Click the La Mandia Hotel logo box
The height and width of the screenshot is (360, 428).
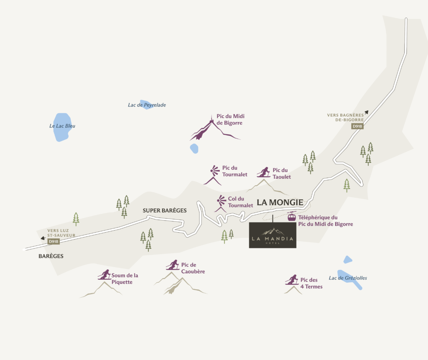tap(273, 235)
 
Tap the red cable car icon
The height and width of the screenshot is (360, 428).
tap(291, 217)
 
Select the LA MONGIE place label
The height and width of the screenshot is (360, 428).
tap(280, 202)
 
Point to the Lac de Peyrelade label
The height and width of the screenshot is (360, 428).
tap(147, 105)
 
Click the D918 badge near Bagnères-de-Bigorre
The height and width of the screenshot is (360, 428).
tap(357, 126)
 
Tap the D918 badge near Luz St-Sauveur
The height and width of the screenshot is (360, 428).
tap(53, 241)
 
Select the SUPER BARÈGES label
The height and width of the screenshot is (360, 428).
tap(165, 210)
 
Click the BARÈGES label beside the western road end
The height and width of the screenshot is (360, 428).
tap(51, 256)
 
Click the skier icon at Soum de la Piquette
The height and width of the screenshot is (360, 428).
tap(104, 274)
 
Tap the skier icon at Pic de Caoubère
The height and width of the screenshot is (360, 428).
tap(172, 265)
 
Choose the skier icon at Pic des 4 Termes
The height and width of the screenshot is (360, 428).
tap(292, 279)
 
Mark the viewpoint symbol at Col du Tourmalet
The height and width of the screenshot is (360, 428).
tap(221, 200)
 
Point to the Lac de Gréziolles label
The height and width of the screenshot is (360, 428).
tap(348, 278)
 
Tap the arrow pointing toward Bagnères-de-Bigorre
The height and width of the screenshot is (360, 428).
tap(366, 112)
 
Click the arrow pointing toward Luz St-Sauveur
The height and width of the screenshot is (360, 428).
tap(43, 238)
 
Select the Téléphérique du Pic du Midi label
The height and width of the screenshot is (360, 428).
tap(325, 221)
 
